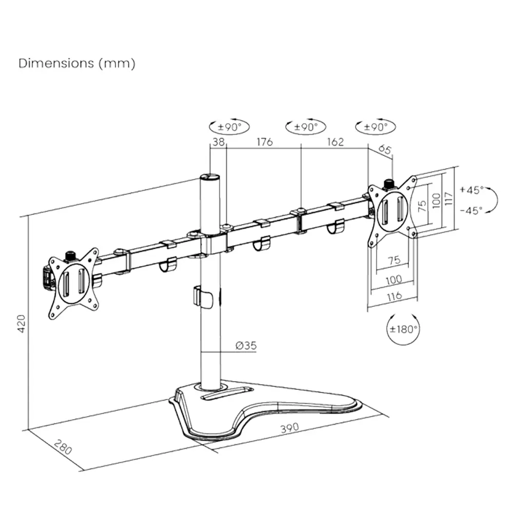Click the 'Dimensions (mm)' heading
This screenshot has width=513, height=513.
[77, 64]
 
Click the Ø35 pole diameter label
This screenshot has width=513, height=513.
[246, 346]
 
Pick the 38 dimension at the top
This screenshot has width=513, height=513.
[219, 142]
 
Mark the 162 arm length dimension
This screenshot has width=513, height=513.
[335, 142]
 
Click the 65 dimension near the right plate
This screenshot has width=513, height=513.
[385, 150]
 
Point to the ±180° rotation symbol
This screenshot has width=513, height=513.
[403, 329]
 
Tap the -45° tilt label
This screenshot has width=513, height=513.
[471, 210]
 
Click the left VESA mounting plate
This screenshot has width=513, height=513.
[73, 284]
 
